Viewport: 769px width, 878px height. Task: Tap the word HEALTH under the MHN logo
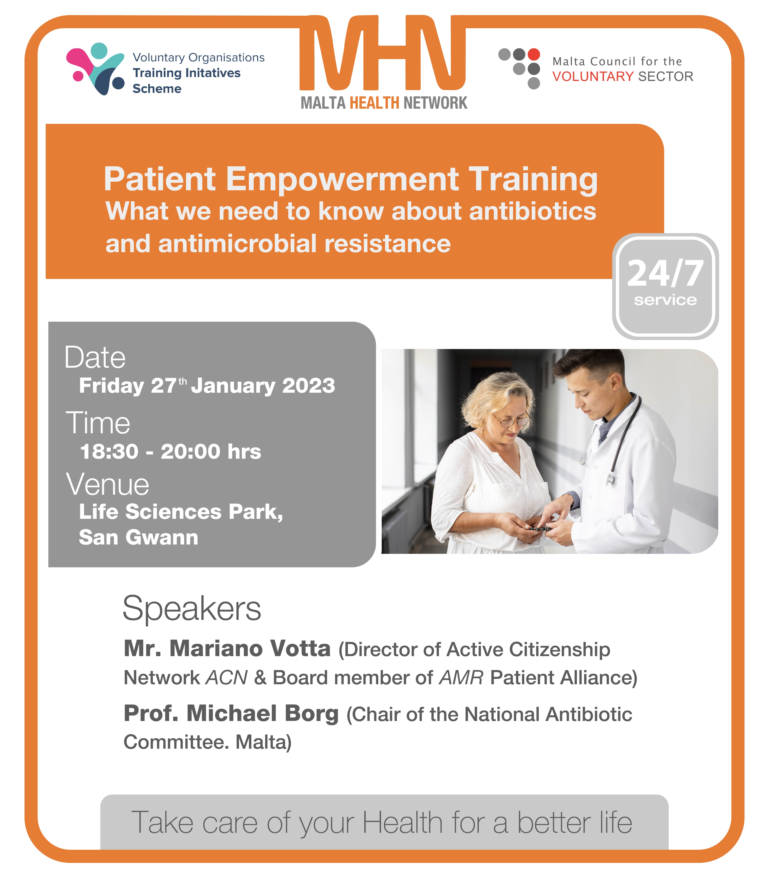point(375,103)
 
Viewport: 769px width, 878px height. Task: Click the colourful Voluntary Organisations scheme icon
point(95,69)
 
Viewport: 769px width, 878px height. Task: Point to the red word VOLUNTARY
point(593,76)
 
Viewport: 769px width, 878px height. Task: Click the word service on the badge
point(665,300)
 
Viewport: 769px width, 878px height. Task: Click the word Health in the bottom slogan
point(402,823)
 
